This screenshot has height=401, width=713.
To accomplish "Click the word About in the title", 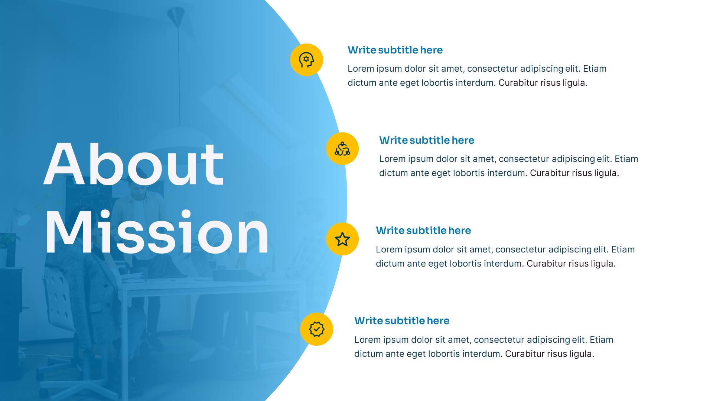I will (x=134, y=164).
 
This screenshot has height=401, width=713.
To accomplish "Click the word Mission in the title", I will (x=157, y=232).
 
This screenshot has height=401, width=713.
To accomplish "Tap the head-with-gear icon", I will (x=306, y=60).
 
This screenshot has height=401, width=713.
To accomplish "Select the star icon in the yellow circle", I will (x=342, y=239).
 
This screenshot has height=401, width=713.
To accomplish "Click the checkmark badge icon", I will (x=316, y=329).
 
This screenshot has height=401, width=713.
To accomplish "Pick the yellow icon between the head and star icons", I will (x=342, y=149).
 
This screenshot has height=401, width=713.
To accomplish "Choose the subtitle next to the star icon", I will (x=423, y=231).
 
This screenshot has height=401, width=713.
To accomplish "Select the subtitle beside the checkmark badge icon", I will (x=401, y=321).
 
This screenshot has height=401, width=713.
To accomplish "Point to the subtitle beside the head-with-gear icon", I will (x=395, y=50).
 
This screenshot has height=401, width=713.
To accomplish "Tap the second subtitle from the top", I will (x=426, y=140).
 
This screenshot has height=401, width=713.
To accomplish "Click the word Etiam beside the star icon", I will (x=623, y=250).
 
